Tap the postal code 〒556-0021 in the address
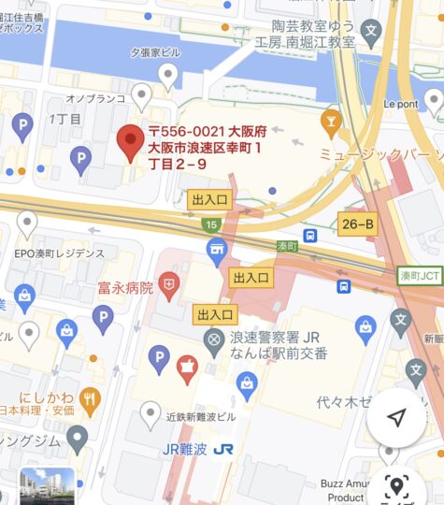[x=182, y=132]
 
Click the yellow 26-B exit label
[x=357, y=224]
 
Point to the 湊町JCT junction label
[x=418, y=277]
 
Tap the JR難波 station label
[x=184, y=448]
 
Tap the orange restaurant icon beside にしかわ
[x=90, y=401]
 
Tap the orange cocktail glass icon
[x=329, y=121]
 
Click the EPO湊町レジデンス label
[x=59, y=253]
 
